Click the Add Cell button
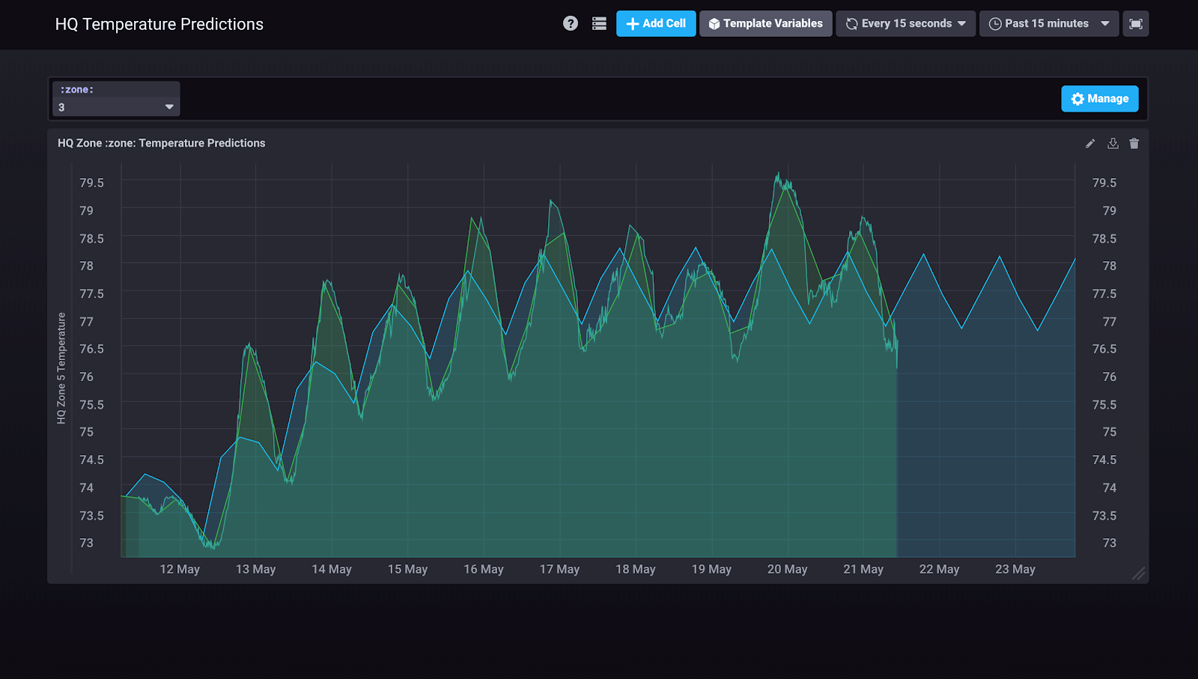point(656,24)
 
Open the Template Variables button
point(765,24)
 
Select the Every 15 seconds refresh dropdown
point(905,24)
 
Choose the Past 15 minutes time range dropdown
point(1048,24)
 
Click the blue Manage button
point(1099,99)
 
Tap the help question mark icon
point(571,24)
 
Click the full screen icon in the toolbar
point(1135,24)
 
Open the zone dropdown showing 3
point(116,107)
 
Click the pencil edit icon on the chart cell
point(1090,144)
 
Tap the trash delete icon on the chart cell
point(1134,144)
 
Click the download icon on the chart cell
point(1113,144)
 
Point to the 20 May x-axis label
point(787,570)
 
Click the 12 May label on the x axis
point(180,570)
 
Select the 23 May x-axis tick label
point(1015,570)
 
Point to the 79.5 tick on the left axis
point(91,183)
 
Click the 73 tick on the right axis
point(1109,543)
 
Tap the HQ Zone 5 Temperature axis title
point(61,368)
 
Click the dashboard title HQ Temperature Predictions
point(159,24)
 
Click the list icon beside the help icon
point(599,24)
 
